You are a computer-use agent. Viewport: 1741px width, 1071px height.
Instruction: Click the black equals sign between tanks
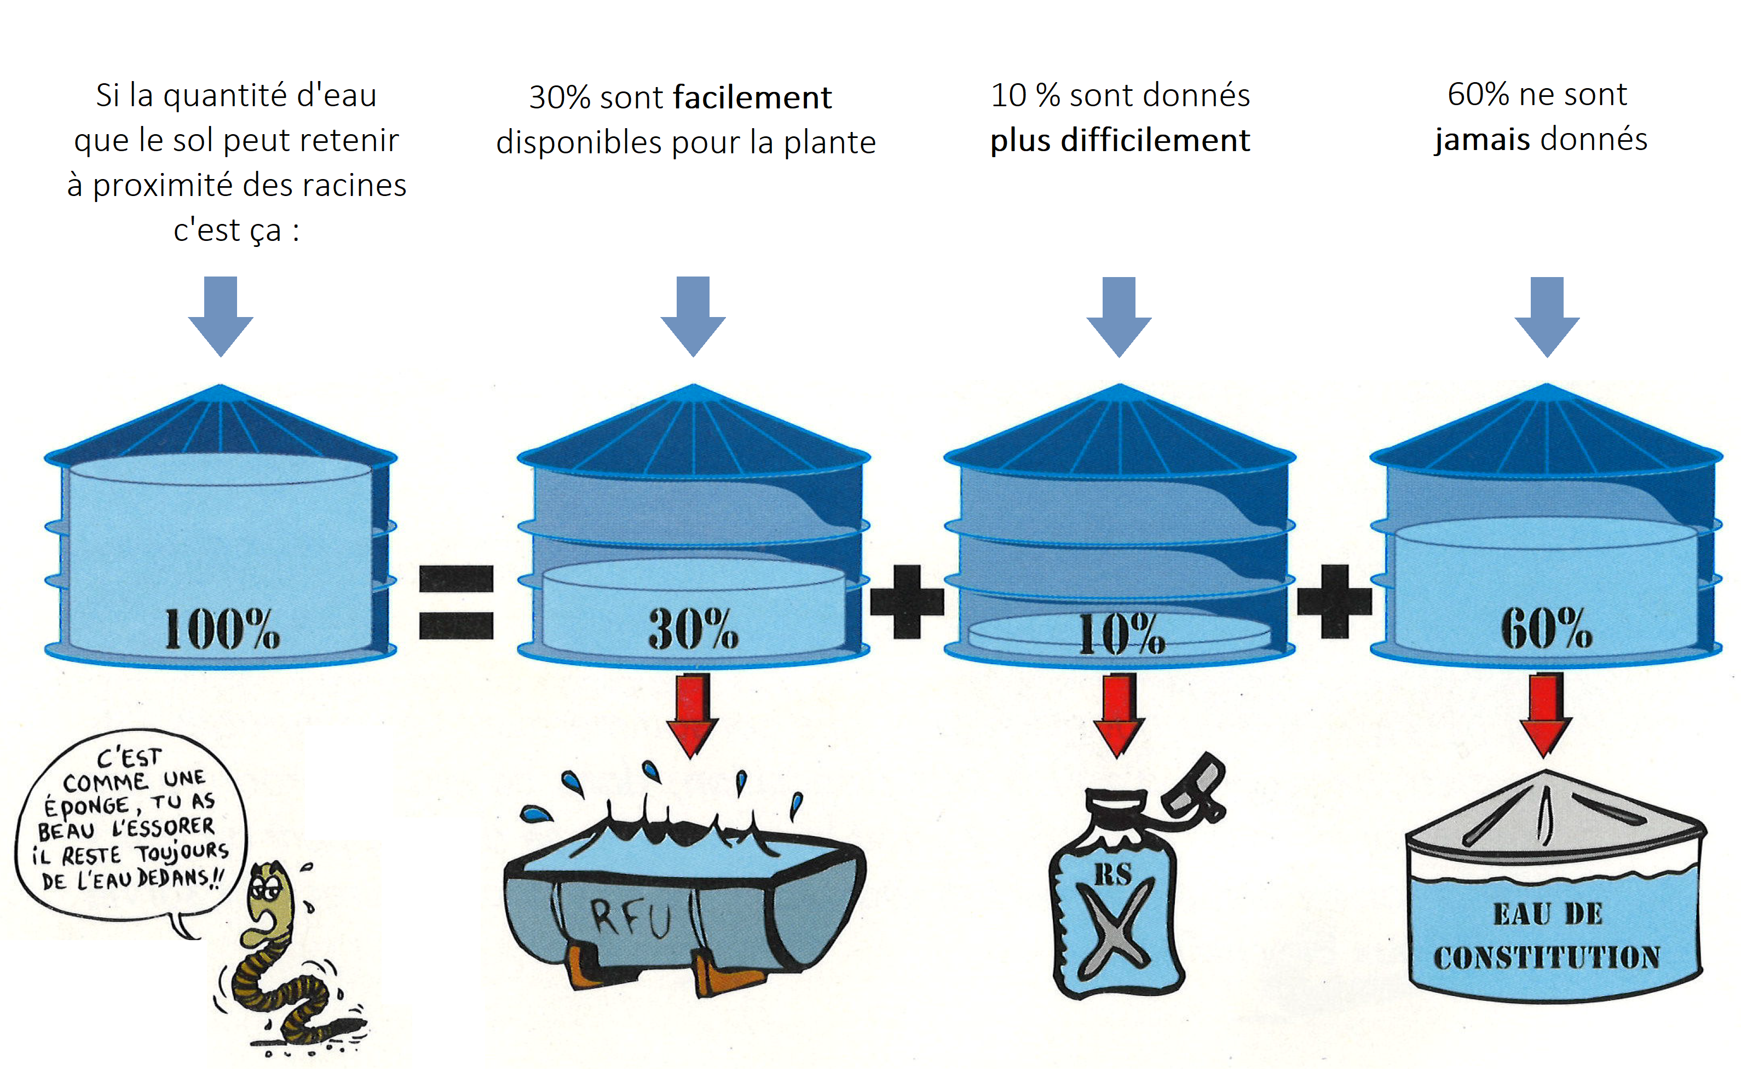456,602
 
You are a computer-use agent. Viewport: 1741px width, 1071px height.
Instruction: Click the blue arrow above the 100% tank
221,316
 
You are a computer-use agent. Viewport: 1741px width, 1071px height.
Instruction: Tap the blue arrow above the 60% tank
1547,316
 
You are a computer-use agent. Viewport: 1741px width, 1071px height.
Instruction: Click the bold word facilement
752,98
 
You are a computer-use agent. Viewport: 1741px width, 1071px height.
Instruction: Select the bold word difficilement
1155,140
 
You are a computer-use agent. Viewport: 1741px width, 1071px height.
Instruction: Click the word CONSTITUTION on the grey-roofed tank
1547,958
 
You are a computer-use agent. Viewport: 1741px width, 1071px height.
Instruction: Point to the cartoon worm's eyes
265,885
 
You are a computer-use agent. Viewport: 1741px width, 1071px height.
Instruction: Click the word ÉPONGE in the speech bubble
87,806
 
